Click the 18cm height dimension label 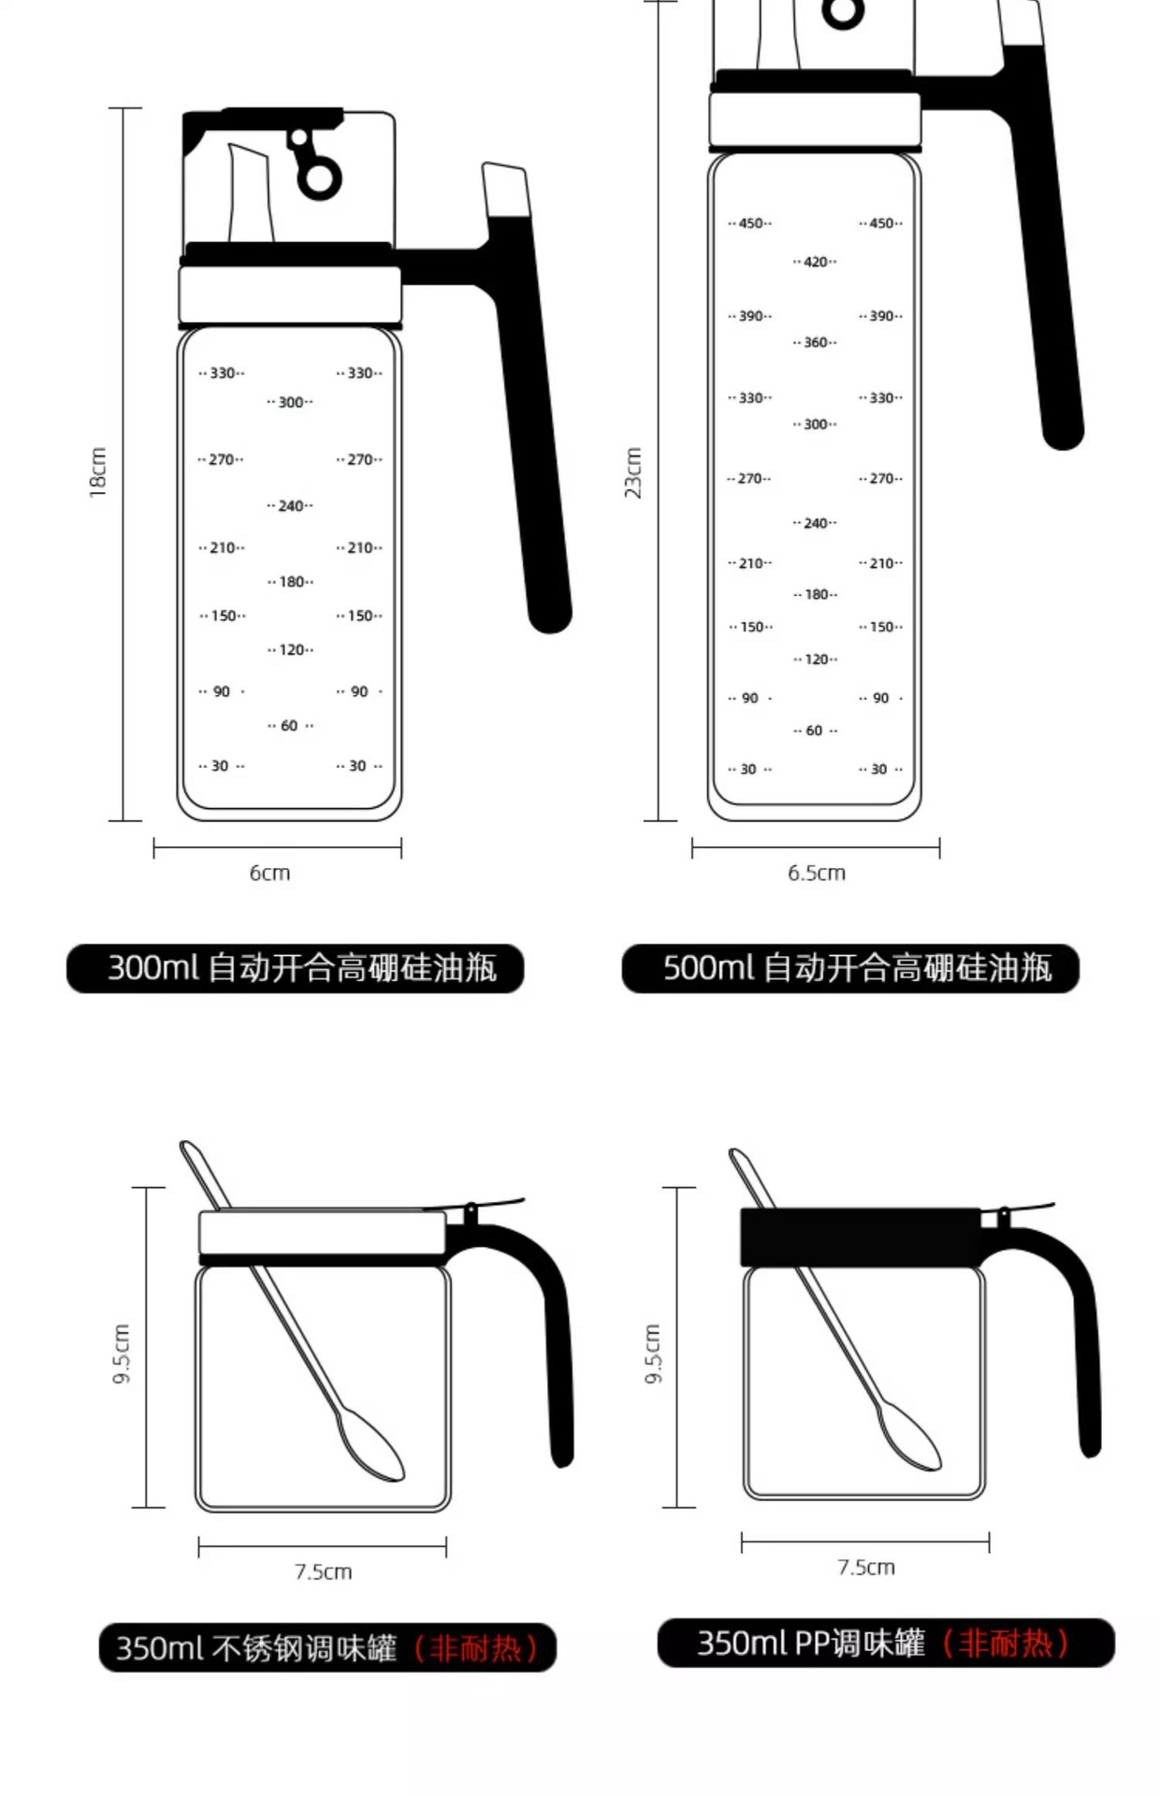tap(98, 471)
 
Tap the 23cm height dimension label tap(633, 471)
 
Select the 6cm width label tap(269, 873)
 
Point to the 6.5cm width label tap(816, 873)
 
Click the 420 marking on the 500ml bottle tap(815, 262)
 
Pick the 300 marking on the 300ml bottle tap(290, 402)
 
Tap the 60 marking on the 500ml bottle tap(815, 731)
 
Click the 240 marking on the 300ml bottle tap(290, 506)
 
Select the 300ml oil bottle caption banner tap(295, 968)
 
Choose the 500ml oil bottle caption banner tap(850, 968)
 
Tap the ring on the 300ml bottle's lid tap(319, 178)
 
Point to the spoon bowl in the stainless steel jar tap(370, 1446)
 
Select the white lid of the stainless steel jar tap(323, 1232)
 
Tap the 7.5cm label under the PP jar tap(865, 1567)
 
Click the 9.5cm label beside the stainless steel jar tap(122, 1354)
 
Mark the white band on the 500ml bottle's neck tap(814, 119)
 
